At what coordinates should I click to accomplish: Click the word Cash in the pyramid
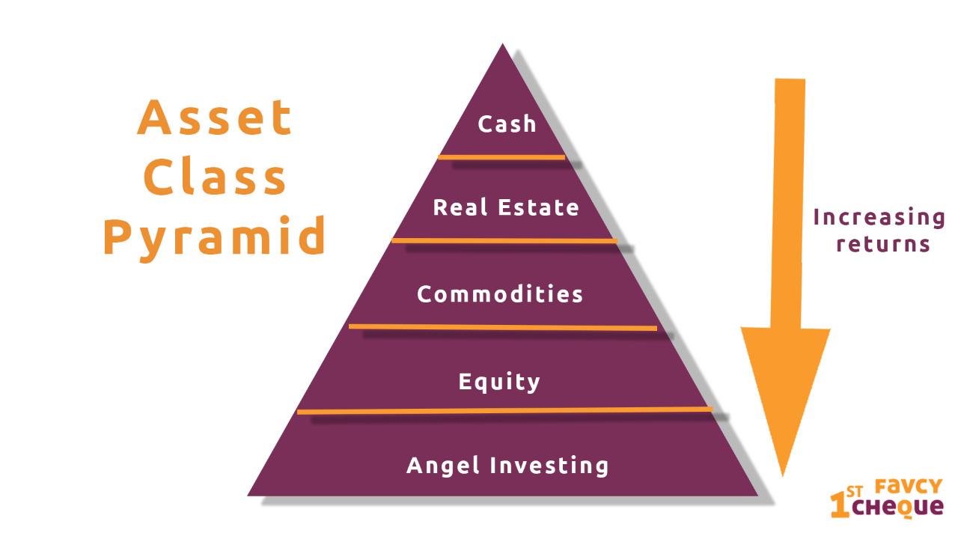[x=507, y=124]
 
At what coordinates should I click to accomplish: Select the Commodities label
[x=500, y=294]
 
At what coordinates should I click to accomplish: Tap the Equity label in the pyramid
[x=499, y=382]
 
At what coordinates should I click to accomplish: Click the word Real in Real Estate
[x=460, y=207]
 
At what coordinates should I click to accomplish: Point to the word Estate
[x=538, y=207]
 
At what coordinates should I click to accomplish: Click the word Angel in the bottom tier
[x=442, y=466]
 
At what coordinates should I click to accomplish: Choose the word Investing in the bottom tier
[x=549, y=466]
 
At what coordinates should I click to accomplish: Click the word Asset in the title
[x=215, y=118]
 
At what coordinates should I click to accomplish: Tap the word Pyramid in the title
[x=215, y=238]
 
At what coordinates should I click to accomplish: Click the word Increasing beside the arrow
[x=879, y=218]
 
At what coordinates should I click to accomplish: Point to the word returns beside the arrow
[x=883, y=244]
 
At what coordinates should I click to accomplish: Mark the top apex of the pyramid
[x=502, y=43]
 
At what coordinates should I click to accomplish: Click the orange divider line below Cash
[x=501, y=157]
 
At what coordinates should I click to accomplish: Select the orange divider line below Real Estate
[x=504, y=241]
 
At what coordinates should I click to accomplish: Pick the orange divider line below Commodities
[x=503, y=327]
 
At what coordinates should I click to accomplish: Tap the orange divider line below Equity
[x=504, y=411]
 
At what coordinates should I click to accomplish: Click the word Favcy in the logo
[x=909, y=487]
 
